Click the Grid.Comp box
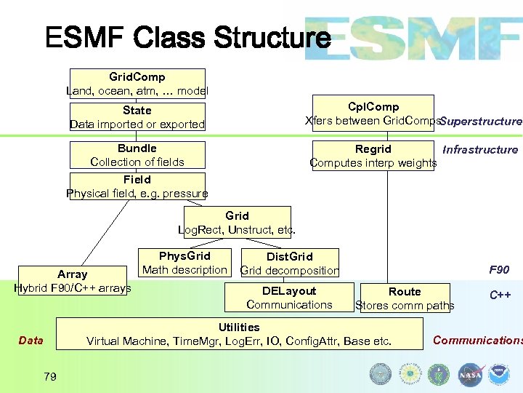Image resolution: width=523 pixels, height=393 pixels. click(137, 84)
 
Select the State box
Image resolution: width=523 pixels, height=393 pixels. click(137, 117)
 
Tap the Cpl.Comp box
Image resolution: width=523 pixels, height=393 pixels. click(373, 114)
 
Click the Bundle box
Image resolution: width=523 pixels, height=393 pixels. click(137, 155)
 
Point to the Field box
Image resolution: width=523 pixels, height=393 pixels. click(137, 186)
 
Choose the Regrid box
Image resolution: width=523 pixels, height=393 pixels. click(373, 156)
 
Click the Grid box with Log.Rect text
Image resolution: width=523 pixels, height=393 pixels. click(238, 223)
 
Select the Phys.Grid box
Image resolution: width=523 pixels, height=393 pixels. click(185, 263)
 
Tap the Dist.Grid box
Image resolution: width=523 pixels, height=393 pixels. click(290, 263)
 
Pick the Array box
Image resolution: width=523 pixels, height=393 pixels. click(72, 281)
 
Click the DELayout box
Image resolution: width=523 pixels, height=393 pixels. click(289, 298)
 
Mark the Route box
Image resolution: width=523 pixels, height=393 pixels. click(405, 298)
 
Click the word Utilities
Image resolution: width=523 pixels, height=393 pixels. click(239, 327)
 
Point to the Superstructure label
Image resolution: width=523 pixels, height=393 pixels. click(481, 122)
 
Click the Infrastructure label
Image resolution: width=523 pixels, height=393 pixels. click(480, 150)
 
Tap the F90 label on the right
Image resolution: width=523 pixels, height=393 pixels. click(499, 270)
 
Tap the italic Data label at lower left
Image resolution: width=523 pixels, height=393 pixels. click(31, 341)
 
